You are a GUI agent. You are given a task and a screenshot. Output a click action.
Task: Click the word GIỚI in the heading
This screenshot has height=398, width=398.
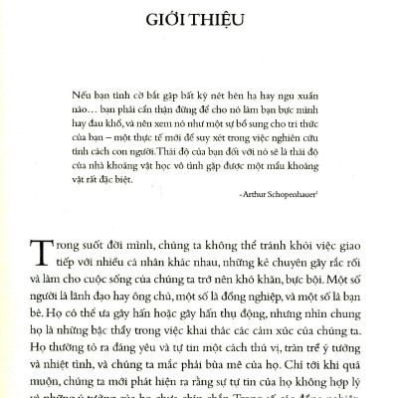165,19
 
